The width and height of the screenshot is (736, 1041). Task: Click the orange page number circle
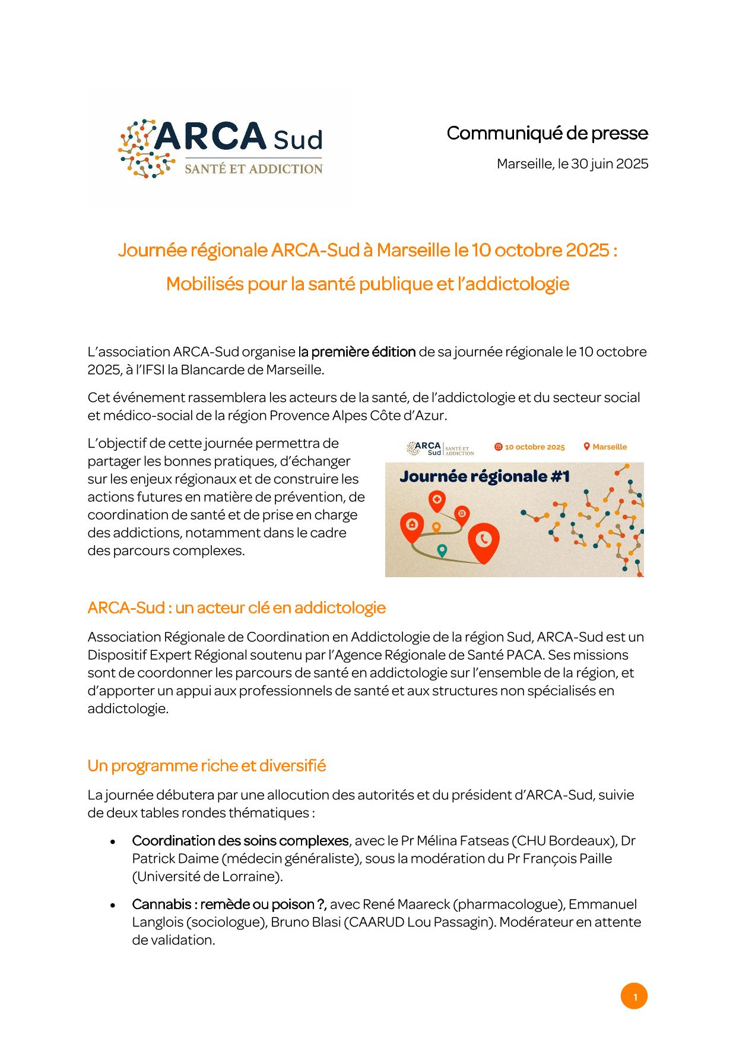[x=634, y=996]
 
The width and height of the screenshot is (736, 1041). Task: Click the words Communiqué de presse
[x=547, y=133]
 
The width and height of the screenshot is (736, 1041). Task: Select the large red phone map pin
[x=484, y=541]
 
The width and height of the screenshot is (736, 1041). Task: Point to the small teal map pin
[x=442, y=550]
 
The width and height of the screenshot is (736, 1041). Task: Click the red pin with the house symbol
[x=412, y=526]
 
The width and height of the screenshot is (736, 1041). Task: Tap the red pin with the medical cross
[x=437, y=501]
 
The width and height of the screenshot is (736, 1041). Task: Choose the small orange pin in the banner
[x=436, y=527]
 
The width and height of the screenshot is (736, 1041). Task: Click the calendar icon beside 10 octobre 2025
[x=499, y=447]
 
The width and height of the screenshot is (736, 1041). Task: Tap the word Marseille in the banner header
[x=610, y=447]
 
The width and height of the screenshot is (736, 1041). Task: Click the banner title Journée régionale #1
[x=484, y=476]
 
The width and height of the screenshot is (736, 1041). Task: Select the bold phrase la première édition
[x=357, y=352]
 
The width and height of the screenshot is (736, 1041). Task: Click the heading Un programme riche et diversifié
[x=207, y=765]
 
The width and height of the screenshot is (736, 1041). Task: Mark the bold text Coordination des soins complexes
[x=240, y=841]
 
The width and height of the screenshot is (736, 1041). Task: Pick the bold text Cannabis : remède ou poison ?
[x=229, y=904]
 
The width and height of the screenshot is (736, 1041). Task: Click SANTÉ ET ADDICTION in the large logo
[x=253, y=169]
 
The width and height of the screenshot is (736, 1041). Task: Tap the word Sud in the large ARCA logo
[x=298, y=140]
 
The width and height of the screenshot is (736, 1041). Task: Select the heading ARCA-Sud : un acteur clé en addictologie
[x=236, y=607]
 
